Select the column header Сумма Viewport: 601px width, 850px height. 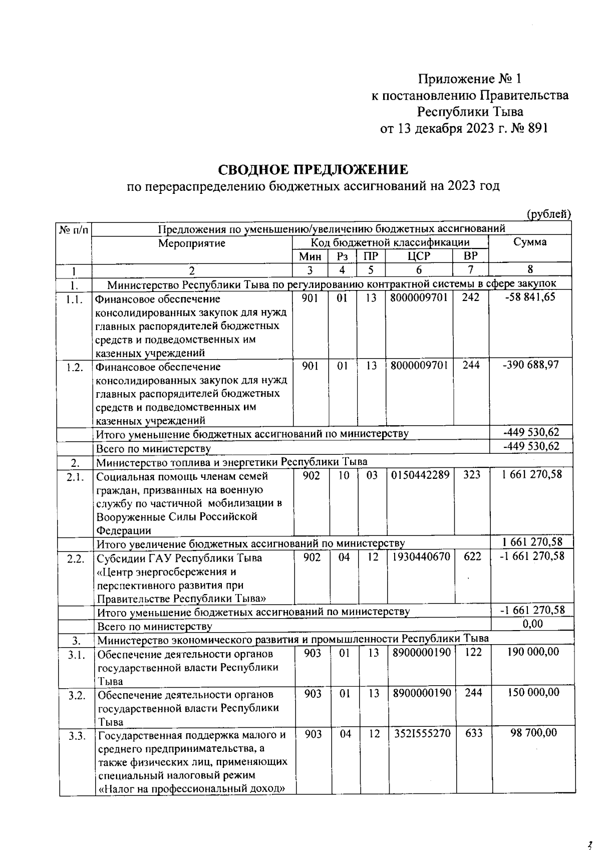coord(530,242)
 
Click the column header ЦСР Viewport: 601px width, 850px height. coord(419,256)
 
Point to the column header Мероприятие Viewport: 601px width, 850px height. coord(192,243)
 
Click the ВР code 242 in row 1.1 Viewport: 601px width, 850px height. coord(471,298)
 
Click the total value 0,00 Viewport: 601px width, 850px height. coord(532,624)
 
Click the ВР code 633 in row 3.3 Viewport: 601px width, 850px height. coord(473,733)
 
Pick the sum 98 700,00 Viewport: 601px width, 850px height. coord(533,733)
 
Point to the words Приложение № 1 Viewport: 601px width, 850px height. coord(470,79)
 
